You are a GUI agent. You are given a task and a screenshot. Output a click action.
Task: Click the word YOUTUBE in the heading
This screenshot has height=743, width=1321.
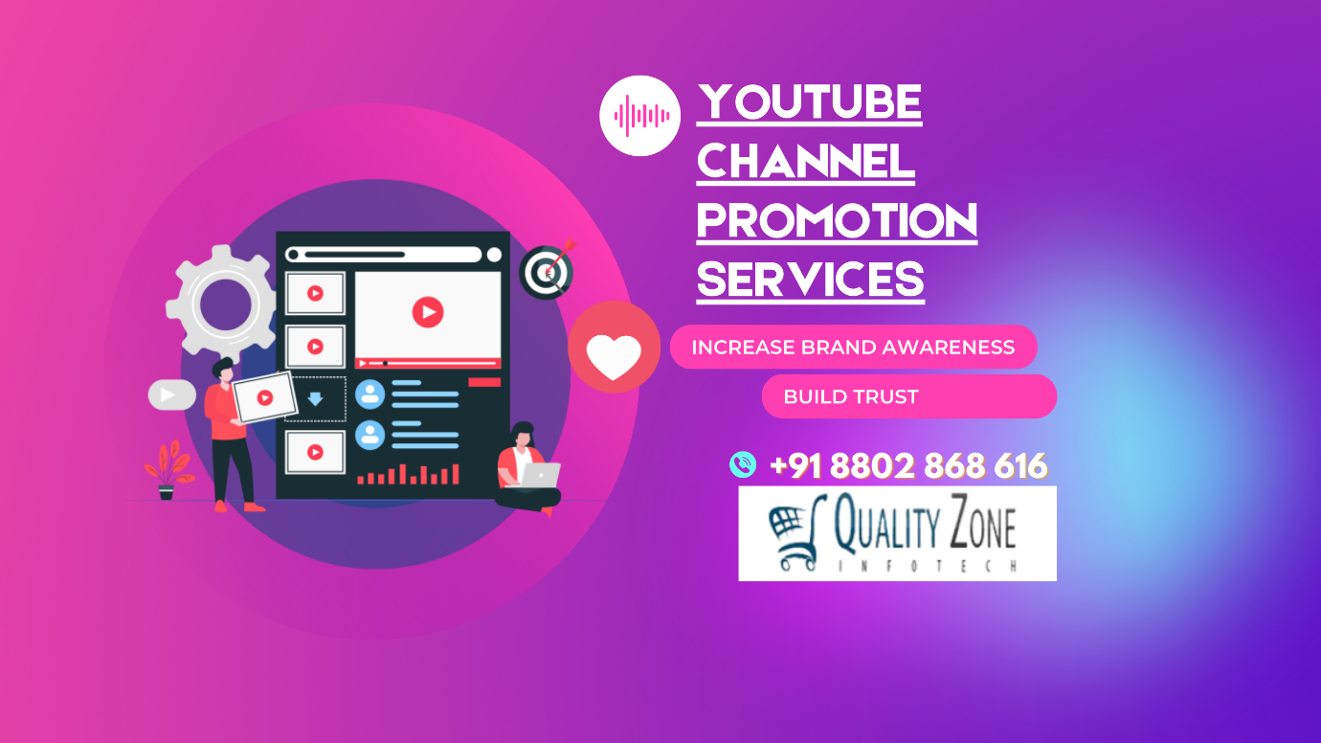point(809,101)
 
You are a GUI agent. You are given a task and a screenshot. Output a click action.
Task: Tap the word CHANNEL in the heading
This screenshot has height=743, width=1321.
point(806,161)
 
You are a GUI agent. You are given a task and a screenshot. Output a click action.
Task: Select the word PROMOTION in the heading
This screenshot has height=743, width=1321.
point(837,220)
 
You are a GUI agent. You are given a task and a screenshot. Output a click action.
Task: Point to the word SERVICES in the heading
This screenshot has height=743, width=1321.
point(810,280)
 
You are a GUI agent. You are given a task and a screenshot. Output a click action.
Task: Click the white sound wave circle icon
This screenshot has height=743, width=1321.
point(639,116)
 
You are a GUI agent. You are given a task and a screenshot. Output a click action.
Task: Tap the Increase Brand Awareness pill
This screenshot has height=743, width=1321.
point(853,347)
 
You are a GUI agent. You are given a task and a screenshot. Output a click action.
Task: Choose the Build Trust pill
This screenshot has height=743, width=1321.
point(908,396)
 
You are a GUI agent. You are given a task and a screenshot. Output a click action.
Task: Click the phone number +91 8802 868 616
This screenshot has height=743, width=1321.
point(908,465)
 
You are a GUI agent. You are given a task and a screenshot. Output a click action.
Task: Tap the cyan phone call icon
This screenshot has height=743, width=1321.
point(743,464)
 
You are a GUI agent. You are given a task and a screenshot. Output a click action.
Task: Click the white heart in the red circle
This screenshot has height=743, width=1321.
point(614,356)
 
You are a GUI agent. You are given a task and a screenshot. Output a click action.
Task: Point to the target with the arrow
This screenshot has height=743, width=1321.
point(547,272)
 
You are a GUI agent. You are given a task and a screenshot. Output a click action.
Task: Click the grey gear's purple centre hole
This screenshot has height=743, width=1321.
point(225,304)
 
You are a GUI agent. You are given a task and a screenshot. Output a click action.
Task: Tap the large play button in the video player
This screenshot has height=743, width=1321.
point(428,312)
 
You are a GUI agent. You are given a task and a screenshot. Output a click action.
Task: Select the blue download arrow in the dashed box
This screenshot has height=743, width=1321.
point(316,399)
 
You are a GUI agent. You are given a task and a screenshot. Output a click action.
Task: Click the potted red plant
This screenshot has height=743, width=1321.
point(168,470)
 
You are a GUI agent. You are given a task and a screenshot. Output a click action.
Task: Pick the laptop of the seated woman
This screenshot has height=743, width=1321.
point(540,475)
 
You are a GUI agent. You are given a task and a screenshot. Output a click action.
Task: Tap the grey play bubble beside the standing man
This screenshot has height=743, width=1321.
point(171,395)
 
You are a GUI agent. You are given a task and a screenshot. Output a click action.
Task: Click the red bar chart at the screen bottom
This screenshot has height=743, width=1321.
point(408,474)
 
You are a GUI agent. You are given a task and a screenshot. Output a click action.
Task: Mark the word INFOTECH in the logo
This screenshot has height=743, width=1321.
point(928,566)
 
